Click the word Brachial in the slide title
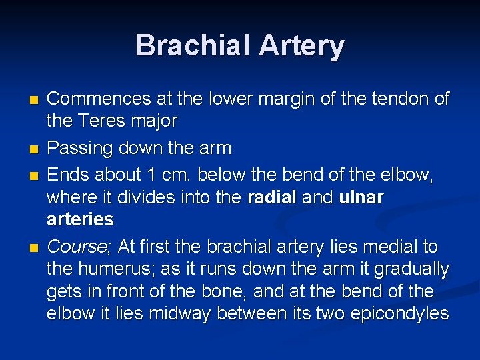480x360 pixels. pos(191,46)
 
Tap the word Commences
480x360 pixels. pos(99,99)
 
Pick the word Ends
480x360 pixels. pos(68,175)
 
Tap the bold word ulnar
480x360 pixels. pos(361,197)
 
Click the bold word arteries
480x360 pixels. pos(80,219)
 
